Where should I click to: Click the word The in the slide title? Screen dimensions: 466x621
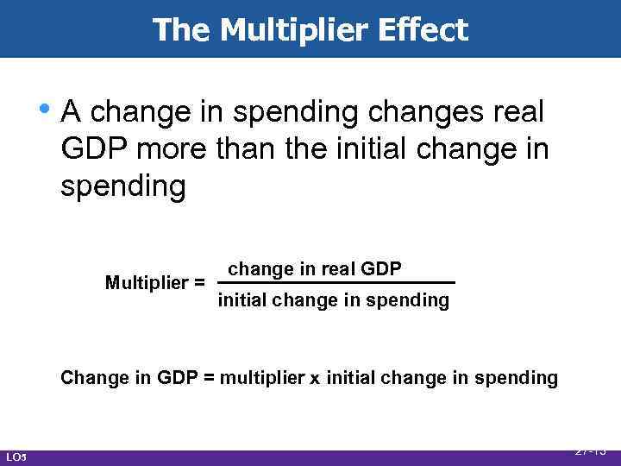pos(182,29)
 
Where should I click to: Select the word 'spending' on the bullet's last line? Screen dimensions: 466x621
pos(122,187)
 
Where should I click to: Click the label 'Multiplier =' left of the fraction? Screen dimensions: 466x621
pos(154,283)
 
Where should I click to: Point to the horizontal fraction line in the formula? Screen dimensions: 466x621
pos(336,283)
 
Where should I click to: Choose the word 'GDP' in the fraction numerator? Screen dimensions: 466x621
pos(380,268)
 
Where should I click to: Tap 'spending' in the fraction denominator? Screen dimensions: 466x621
pos(410,300)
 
